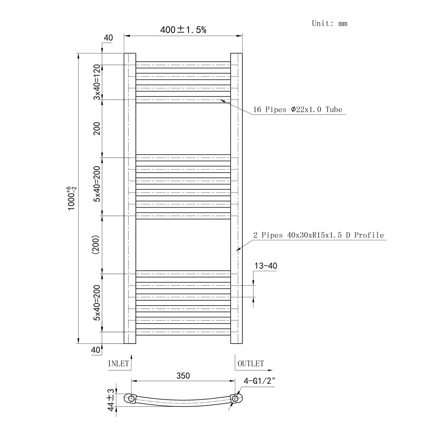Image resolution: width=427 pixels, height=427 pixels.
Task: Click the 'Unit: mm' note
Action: coord(329,23)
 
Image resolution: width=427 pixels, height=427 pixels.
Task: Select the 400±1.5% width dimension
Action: coord(183,30)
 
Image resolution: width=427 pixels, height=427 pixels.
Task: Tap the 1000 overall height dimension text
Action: coord(72,198)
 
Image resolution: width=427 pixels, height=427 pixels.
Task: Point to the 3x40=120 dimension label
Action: coord(97,82)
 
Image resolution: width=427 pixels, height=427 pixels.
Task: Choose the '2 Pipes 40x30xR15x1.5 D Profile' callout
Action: coord(318,235)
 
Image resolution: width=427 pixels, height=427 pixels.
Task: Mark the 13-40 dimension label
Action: coord(266,266)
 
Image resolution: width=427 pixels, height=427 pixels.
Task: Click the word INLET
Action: coord(118,364)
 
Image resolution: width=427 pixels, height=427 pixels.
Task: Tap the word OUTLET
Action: coord(251,364)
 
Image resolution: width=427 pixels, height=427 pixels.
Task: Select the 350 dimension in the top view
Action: coord(183,376)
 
